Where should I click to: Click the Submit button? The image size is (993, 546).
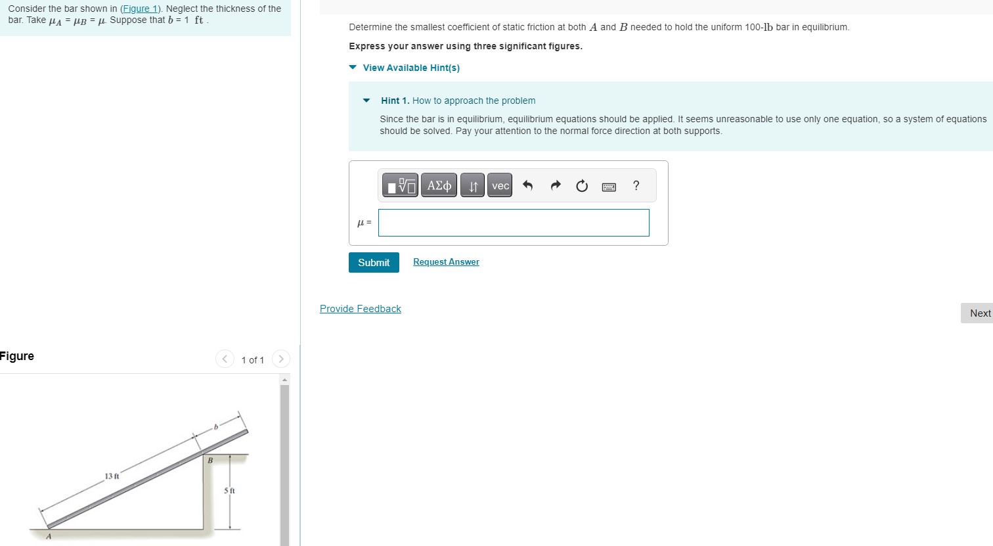pyautogui.click(x=374, y=262)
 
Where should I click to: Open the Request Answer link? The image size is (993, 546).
pyautogui.click(x=446, y=262)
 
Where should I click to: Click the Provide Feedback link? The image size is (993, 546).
pyautogui.click(x=360, y=309)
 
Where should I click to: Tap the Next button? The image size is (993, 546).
pyautogui.click(x=979, y=313)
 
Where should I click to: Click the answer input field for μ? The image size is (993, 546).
pyautogui.click(x=514, y=223)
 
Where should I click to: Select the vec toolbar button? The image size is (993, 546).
pyautogui.click(x=500, y=186)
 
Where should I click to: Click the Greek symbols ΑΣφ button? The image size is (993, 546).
pyautogui.click(x=439, y=186)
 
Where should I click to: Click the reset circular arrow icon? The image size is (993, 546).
pyautogui.click(x=582, y=186)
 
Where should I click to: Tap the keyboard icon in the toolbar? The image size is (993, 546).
pyautogui.click(x=609, y=187)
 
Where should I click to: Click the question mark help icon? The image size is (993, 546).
pyautogui.click(x=636, y=186)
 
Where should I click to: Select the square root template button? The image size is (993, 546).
pyautogui.click(x=400, y=186)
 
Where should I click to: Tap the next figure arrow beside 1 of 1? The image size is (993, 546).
pyautogui.click(x=281, y=359)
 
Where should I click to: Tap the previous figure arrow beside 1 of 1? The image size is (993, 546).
pyautogui.click(x=225, y=359)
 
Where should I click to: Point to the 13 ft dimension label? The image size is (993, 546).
pyautogui.click(x=112, y=476)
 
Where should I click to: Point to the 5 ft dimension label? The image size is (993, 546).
pyautogui.click(x=229, y=491)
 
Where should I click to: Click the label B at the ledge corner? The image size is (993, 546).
pyautogui.click(x=210, y=461)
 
